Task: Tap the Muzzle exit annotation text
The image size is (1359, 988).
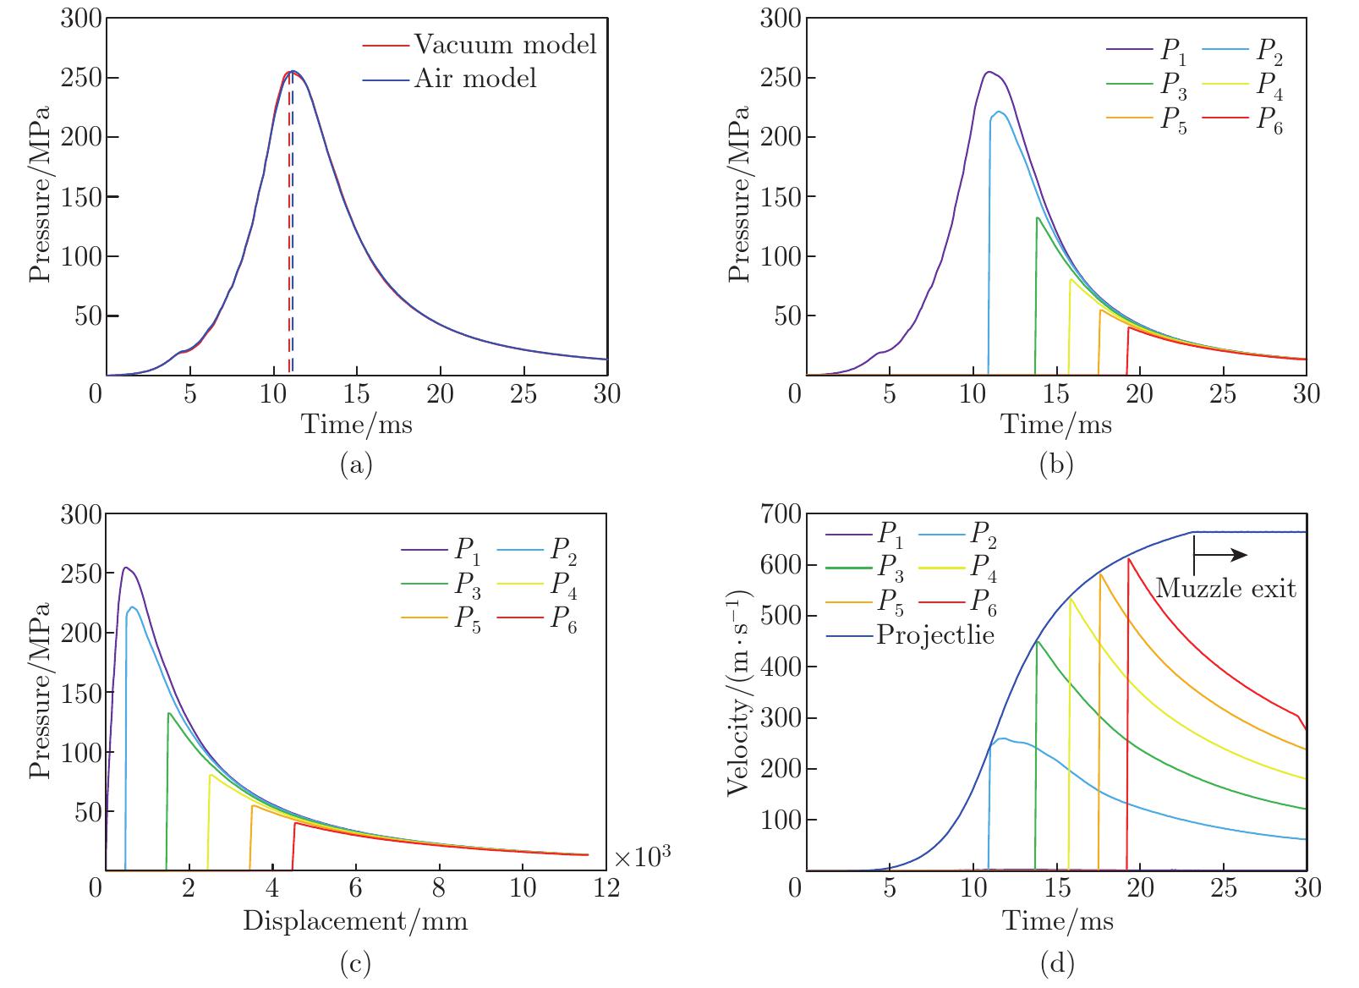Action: click(1225, 588)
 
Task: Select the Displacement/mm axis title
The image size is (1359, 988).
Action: click(355, 920)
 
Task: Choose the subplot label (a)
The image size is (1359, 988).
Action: click(355, 464)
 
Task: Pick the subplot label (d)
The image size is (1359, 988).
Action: click(1056, 962)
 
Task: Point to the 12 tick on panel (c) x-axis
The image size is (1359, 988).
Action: click(606, 887)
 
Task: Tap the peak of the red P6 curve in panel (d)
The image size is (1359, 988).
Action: click(1129, 559)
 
